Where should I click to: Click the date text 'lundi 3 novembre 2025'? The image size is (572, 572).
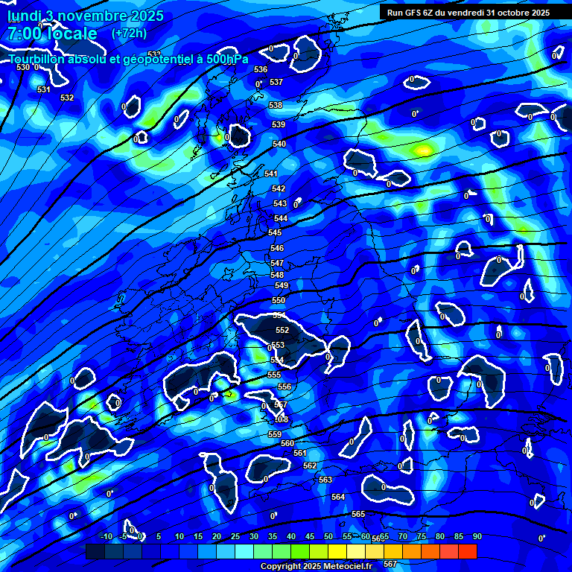[86, 16]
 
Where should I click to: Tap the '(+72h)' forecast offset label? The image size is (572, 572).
[129, 34]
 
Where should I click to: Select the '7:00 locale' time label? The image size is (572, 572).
[52, 34]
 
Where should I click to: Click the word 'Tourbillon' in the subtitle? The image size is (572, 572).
[37, 58]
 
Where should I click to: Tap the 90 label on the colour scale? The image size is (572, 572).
[477, 536]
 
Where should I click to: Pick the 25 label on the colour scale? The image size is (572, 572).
[235, 536]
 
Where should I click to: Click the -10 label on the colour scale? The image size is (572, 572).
[106, 536]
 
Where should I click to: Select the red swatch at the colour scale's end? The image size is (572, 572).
[467, 551]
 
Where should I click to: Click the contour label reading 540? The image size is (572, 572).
[279, 144]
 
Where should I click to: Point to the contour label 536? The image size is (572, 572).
[260, 69]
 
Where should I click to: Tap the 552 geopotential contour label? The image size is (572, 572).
[282, 330]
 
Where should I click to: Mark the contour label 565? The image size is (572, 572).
[358, 515]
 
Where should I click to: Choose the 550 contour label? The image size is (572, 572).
[279, 300]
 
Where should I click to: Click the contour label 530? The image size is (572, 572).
[23, 67]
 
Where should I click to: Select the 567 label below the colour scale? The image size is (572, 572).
[390, 564]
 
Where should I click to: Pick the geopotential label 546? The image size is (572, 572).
[277, 248]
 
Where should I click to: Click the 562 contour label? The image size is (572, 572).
[311, 465]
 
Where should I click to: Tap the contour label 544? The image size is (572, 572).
[281, 218]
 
